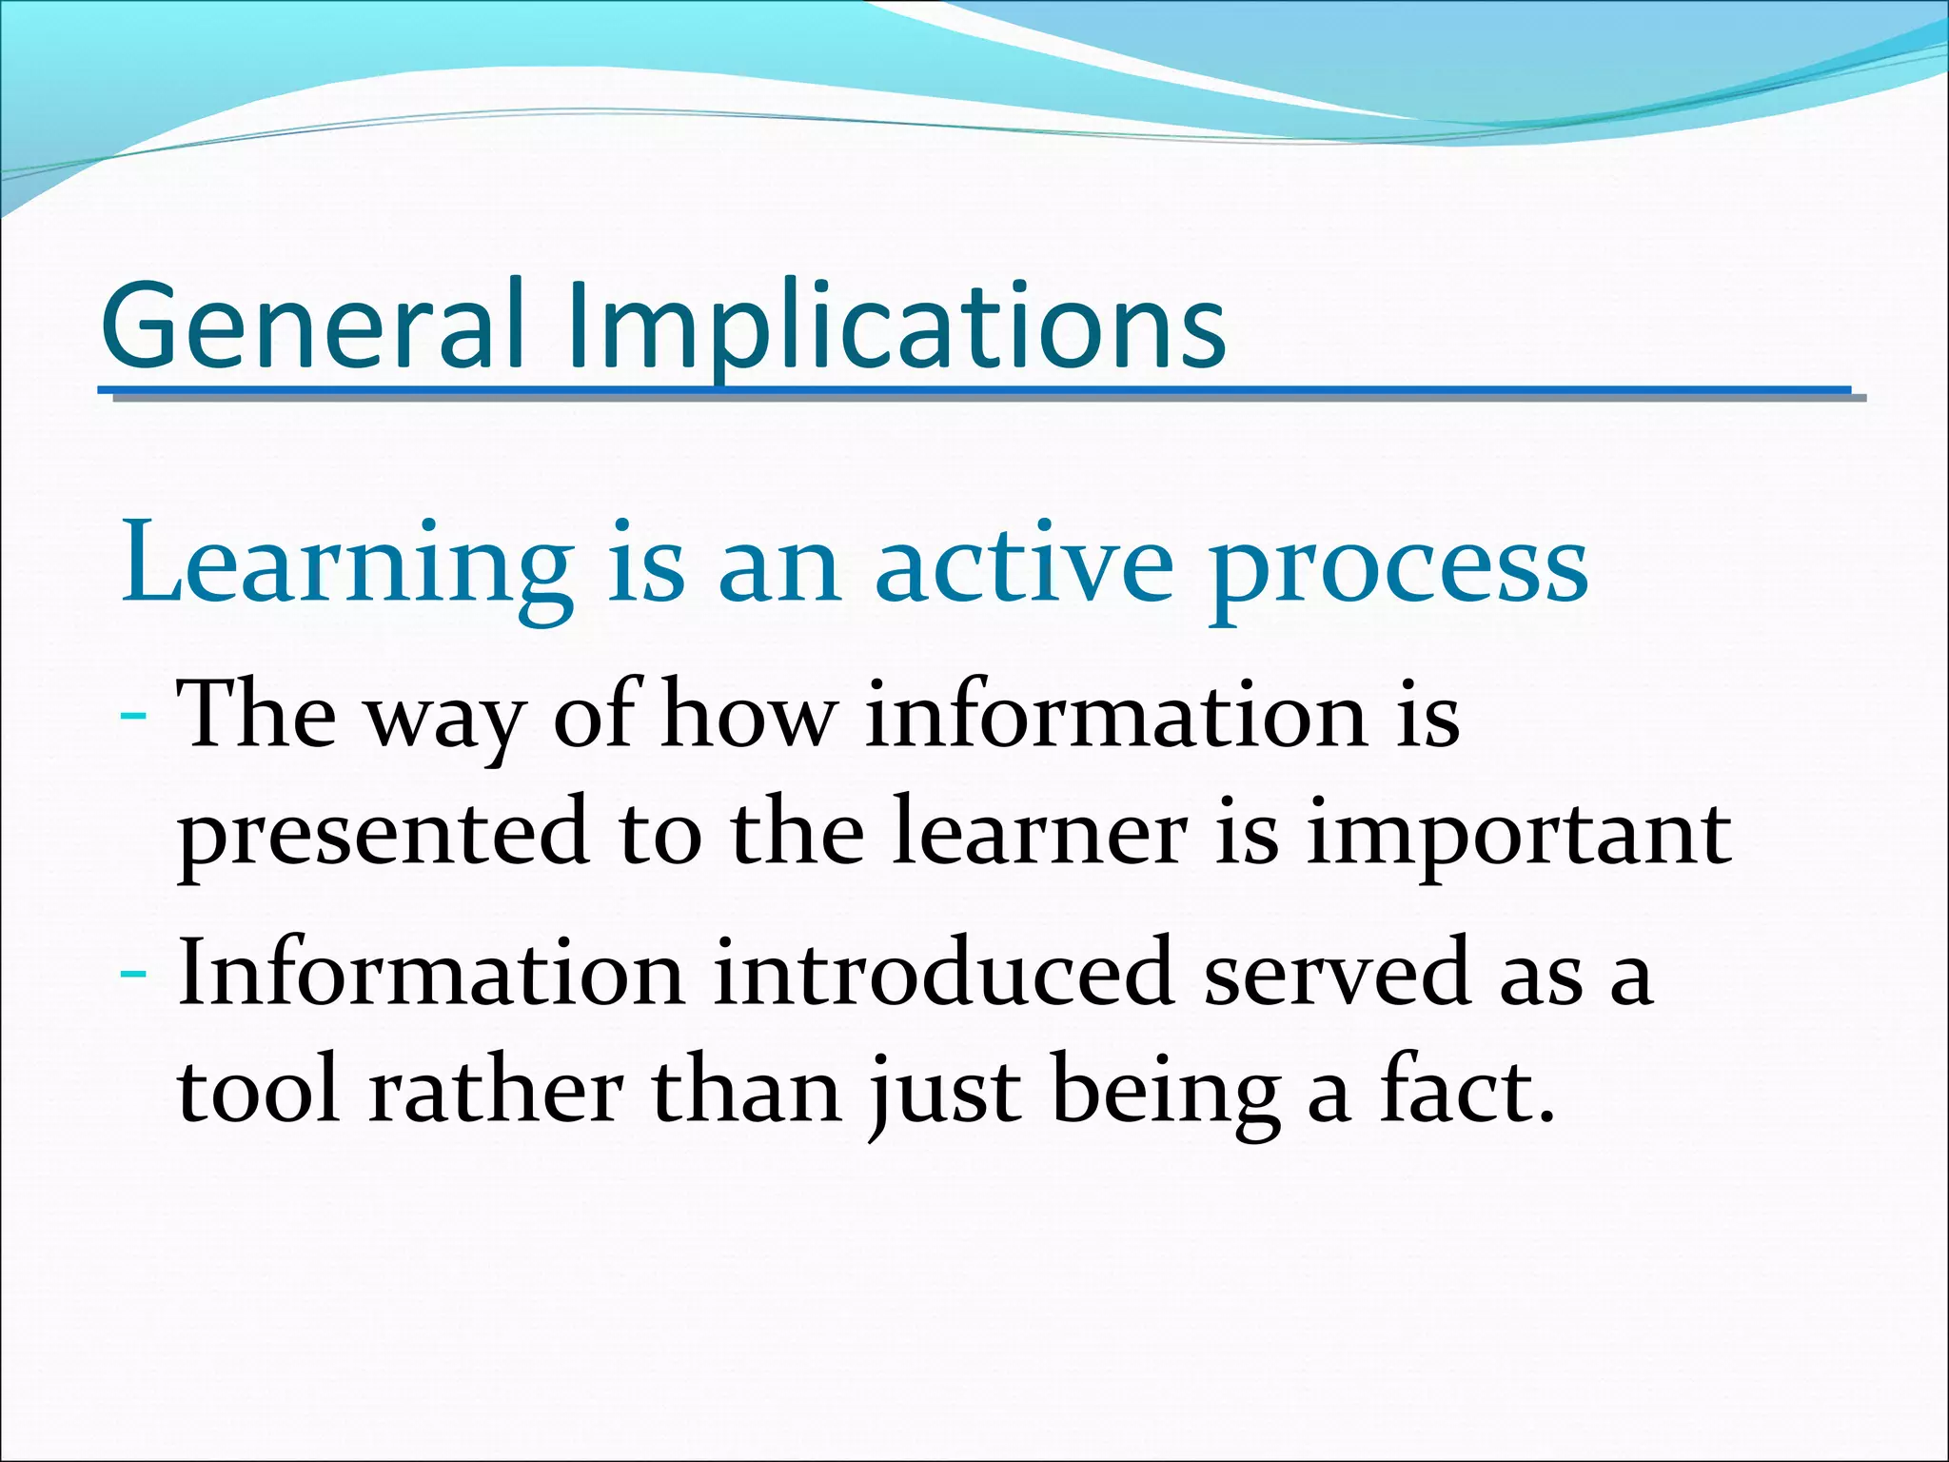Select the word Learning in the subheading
click(346, 565)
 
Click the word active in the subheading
click(1024, 565)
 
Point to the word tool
click(258, 1091)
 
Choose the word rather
click(495, 1091)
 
